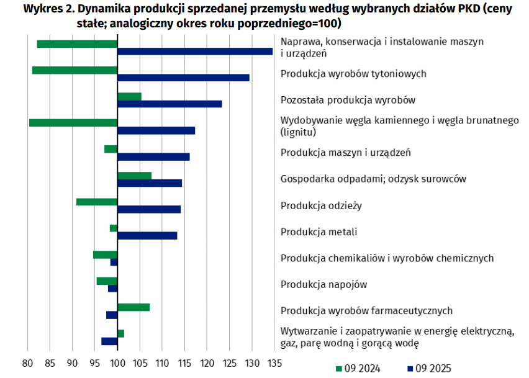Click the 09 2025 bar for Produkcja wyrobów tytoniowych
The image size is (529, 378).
[x=183, y=78]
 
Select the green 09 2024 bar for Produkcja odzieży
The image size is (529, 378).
[x=97, y=202]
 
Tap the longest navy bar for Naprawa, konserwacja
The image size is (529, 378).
[x=195, y=52]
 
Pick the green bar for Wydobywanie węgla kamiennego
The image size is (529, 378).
[x=73, y=123]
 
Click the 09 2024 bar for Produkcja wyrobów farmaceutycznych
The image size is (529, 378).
[x=133, y=307]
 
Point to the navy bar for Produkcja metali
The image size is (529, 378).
[x=147, y=236]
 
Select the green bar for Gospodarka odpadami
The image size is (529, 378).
[x=134, y=176]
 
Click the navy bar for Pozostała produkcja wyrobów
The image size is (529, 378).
[x=170, y=104]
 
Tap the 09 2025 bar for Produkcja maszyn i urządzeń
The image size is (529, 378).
[x=153, y=157]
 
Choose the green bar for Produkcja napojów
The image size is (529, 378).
[x=107, y=281]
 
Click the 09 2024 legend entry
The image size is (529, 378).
[x=358, y=368]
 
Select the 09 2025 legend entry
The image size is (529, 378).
[x=431, y=368]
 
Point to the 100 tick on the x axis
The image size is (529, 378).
[x=117, y=362]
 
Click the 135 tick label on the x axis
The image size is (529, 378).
[x=274, y=362]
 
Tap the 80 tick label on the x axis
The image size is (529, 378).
[x=28, y=362]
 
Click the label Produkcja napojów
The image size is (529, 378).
[x=324, y=285]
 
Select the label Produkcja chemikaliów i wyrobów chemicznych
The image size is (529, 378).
[x=387, y=258]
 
